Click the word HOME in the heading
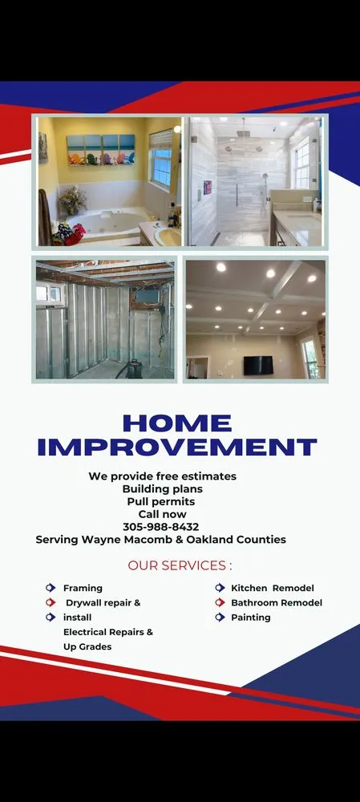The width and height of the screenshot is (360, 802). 176,423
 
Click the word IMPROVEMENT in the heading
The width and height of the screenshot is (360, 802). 177,448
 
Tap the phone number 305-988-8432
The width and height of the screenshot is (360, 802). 161,527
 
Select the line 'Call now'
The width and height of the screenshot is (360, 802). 162,514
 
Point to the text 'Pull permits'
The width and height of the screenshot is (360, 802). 161,501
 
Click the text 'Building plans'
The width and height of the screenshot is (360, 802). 162,488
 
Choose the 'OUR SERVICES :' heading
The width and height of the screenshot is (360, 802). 180,565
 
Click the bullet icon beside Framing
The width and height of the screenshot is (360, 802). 51,588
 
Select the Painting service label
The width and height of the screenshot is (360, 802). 251,618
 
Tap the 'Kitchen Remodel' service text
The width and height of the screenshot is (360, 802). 273,588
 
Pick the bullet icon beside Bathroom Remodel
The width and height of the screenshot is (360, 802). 219,602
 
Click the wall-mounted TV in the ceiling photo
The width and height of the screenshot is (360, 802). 258,364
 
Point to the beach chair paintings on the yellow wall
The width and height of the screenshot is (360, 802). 100,149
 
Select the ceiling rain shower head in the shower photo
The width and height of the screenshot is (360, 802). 242,128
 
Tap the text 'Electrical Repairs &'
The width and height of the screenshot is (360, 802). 108,632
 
